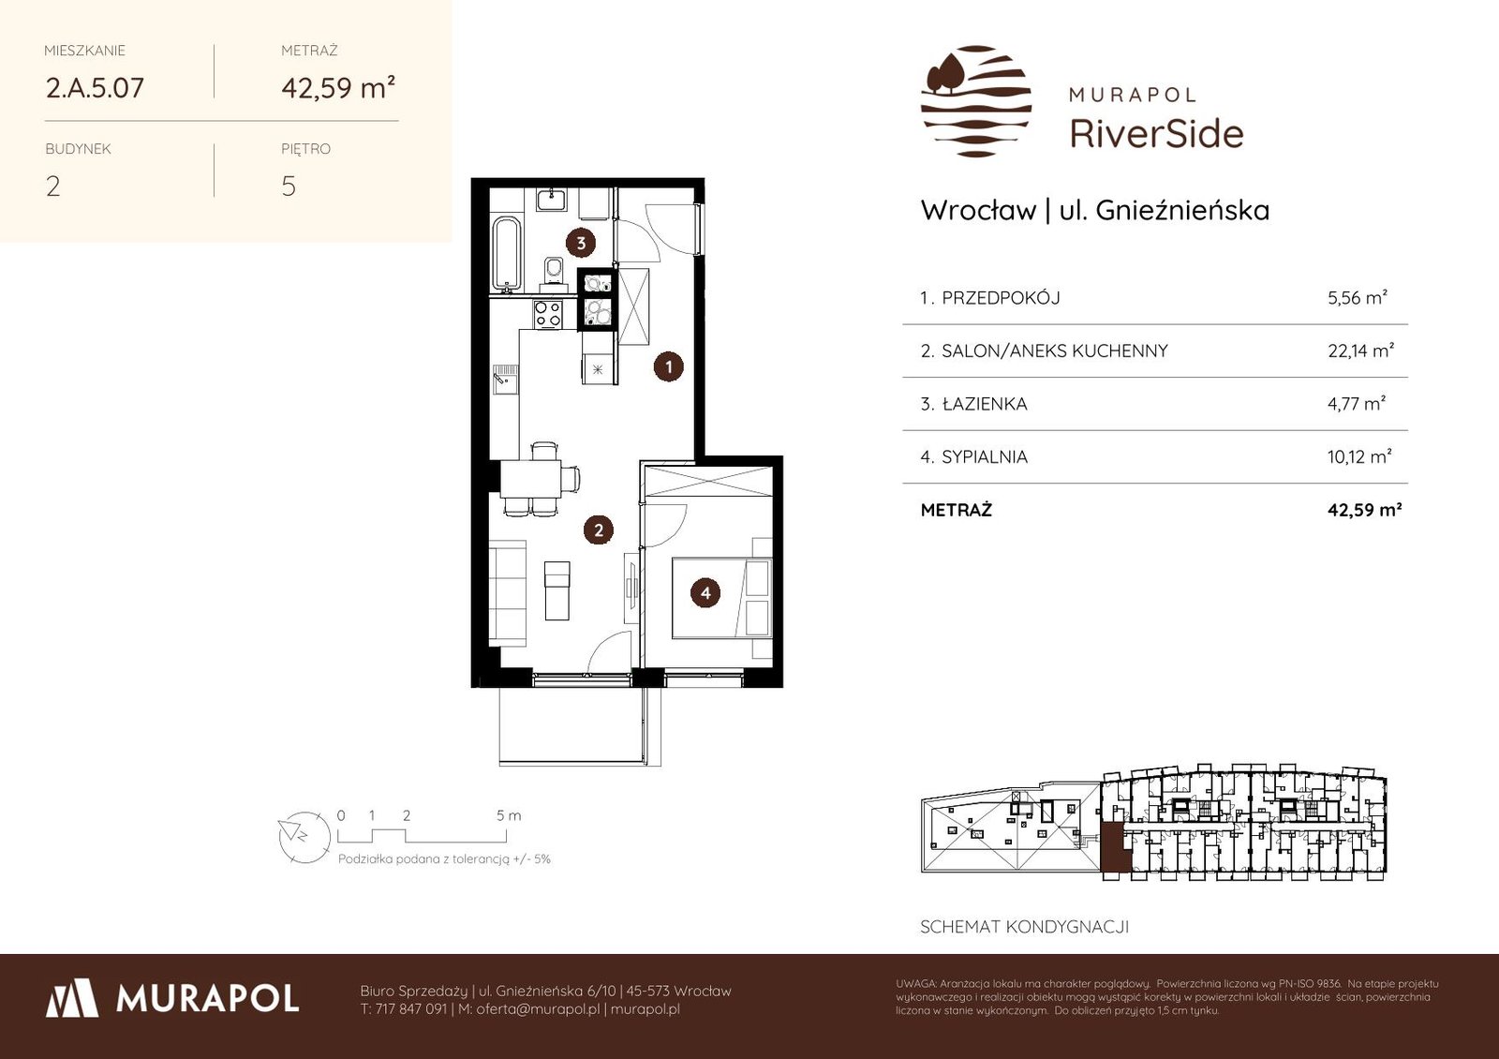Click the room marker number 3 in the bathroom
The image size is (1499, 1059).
[x=581, y=243]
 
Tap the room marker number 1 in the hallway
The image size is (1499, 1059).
[x=668, y=366]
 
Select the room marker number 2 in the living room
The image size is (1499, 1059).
[x=599, y=530]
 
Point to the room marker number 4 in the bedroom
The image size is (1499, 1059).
[x=705, y=592]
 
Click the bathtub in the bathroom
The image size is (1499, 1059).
[x=506, y=254]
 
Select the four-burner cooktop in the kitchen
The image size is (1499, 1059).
[x=547, y=315]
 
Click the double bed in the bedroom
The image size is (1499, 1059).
[x=722, y=598]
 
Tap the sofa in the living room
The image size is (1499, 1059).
[x=507, y=594]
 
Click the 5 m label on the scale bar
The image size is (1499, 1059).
[x=509, y=815]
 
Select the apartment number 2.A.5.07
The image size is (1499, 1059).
[x=95, y=88]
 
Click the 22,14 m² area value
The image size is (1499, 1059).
[x=1360, y=351]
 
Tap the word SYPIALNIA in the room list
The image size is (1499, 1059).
[x=985, y=456]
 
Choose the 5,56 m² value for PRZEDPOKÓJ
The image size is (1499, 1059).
[x=1358, y=297]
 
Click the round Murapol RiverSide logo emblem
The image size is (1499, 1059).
[x=976, y=101]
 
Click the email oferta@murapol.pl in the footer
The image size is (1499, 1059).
[x=538, y=1008]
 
